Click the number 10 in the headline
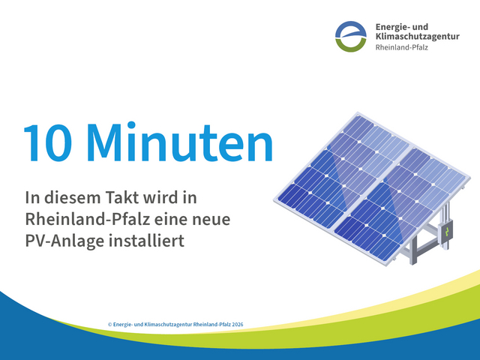tap(48, 142)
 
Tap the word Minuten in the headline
tap(180, 141)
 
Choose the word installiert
tap(147, 241)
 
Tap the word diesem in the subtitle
tap(72, 197)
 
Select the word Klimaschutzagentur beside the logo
tap(417, 37)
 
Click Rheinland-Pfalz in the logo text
tap(402, 47)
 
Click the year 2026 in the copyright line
tap(238, 325)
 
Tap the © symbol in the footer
tap(110, 325)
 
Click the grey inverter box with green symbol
tap(446, 233)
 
